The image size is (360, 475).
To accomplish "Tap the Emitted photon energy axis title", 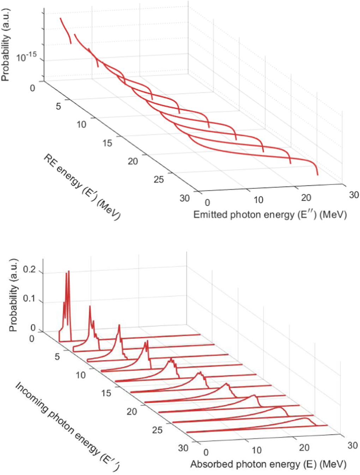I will (270, 215).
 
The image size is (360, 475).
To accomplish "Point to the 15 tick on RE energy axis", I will (107, 143).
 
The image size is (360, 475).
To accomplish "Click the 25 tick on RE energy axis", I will (158, 179).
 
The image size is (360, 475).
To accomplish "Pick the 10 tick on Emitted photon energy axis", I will (258, 200).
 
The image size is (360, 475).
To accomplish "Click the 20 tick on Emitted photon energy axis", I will (306, 198).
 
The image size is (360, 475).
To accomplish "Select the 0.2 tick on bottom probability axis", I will (29, 270).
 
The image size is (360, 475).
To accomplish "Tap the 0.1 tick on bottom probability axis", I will (29, 299).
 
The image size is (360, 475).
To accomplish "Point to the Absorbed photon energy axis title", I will (268, 464).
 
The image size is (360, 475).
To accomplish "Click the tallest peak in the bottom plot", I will (68, 271).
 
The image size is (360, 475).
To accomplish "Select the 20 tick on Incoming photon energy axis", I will (132, 411).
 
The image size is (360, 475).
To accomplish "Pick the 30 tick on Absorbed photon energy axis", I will (353, 445).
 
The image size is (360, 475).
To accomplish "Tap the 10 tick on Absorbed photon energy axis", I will (257, 450).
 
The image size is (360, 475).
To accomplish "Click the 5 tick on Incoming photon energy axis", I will (57, 357).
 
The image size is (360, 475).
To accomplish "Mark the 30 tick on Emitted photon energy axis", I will (354, 195).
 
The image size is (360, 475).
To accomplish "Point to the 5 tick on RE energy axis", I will (58, 106).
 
